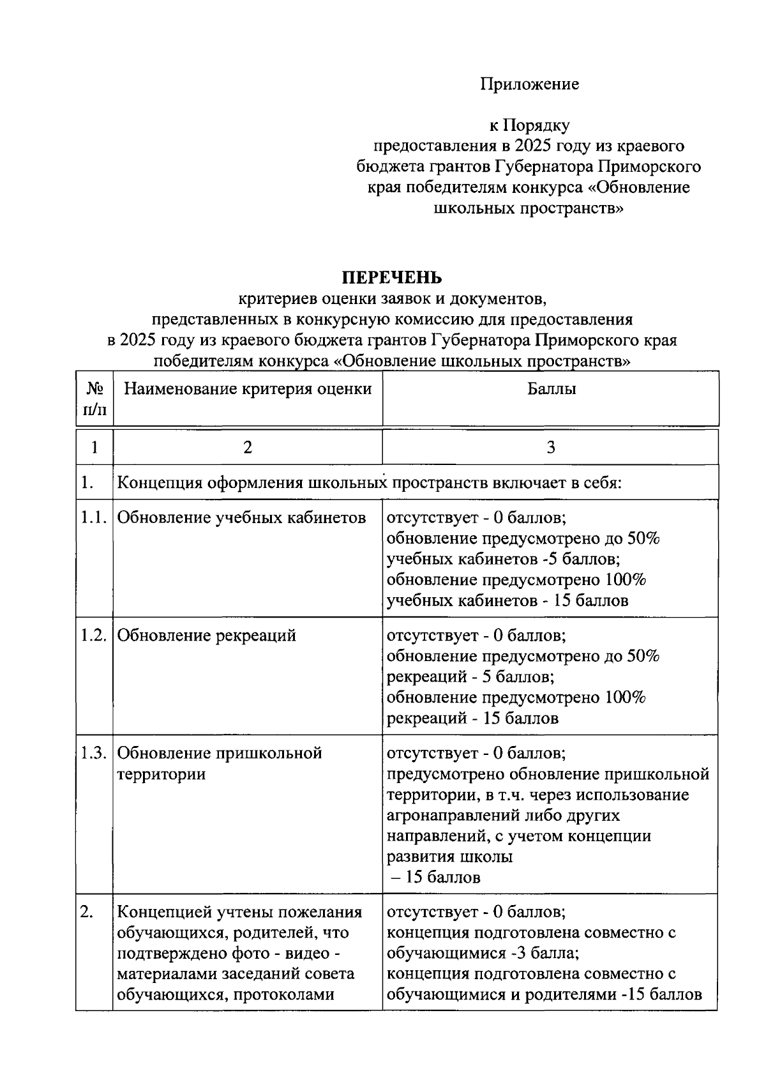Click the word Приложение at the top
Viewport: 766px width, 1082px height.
[x=529, y=84]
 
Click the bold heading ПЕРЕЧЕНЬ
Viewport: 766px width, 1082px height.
[x=391, y=278]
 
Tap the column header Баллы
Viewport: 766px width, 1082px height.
[x=552, y=389]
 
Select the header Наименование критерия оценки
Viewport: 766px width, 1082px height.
[x=248, y=389]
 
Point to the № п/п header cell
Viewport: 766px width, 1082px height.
[x=94, y=399]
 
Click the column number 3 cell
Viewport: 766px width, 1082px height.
[x=551, y=447]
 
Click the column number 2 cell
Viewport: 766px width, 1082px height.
[x=248, y=447]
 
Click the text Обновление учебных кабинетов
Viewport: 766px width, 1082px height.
[x=242, y=517]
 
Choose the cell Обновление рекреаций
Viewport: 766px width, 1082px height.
[x=207, y=636]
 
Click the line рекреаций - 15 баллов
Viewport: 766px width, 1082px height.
[x=473, y=719]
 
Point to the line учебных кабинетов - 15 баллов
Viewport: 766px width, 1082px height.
[x=507, y=600]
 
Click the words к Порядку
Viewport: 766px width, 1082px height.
[x=529, y=125]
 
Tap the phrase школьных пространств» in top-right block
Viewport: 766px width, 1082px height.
[x=529, y=208]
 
